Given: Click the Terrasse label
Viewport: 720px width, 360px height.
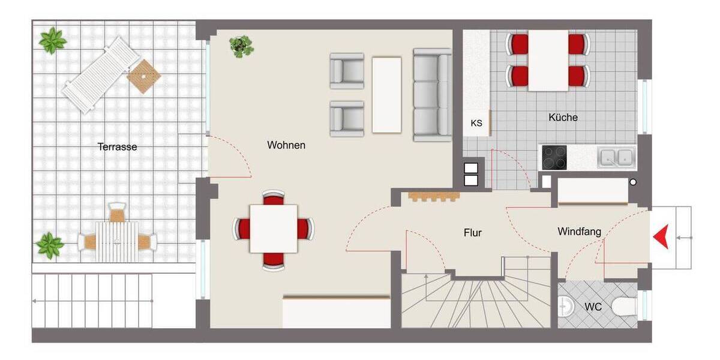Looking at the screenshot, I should pos(118,146).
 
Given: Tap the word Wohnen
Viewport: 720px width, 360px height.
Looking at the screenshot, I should pos(286,145).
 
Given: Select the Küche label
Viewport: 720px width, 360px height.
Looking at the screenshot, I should pos(563,118).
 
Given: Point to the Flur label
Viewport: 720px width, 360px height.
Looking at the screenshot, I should pos(473,233).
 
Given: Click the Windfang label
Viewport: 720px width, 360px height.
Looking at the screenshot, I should pos(579,231).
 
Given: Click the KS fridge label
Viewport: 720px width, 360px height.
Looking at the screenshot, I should pos(476,123).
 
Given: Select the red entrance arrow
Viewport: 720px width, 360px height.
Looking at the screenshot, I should pos(661,238).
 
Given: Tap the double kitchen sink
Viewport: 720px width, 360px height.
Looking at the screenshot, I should pos(616,157).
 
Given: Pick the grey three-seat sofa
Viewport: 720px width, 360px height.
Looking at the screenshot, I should pos(432,95).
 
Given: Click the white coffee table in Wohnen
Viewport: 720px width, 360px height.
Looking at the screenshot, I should pos(386,95).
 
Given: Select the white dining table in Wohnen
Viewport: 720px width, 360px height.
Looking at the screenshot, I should pos(273,229).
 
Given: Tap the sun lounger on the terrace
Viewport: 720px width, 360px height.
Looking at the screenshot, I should pos(101,74).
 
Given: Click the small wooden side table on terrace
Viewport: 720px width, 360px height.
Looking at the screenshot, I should pos(144,76).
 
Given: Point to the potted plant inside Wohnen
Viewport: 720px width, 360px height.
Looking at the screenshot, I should pos(241,46).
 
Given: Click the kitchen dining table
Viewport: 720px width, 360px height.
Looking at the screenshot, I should pos(548,60).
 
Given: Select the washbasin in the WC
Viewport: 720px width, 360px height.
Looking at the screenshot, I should pos(565,307).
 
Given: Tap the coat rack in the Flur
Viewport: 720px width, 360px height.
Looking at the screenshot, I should pos(434,196).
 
